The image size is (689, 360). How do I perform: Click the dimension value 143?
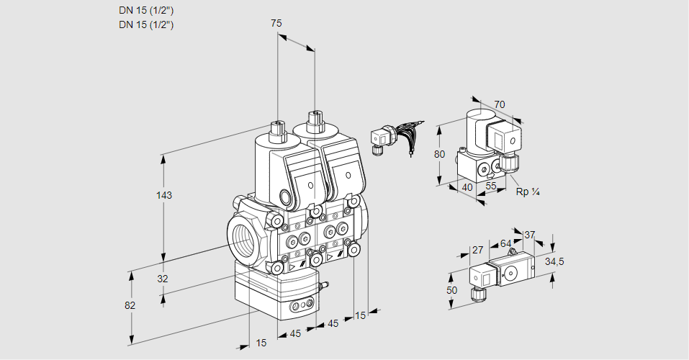click(165, 195)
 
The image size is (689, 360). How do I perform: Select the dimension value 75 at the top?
click(276, 23)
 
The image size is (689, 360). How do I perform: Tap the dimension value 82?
click(130, 305)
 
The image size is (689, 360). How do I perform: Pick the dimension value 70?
click(500, 104)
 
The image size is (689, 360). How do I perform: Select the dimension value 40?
click(467, 188)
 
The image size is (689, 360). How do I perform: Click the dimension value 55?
click(491, 186)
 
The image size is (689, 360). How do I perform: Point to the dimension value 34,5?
click(554, 261)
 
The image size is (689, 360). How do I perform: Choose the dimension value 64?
click(505, 244)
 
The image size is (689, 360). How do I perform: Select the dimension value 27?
click(477, 250)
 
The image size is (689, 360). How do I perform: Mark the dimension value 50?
click(452, 289)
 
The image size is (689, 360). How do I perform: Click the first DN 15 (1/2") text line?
click(146, 10)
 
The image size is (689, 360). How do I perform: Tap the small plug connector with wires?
click(380, 138)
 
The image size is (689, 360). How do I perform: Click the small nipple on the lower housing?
click(322, 287)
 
